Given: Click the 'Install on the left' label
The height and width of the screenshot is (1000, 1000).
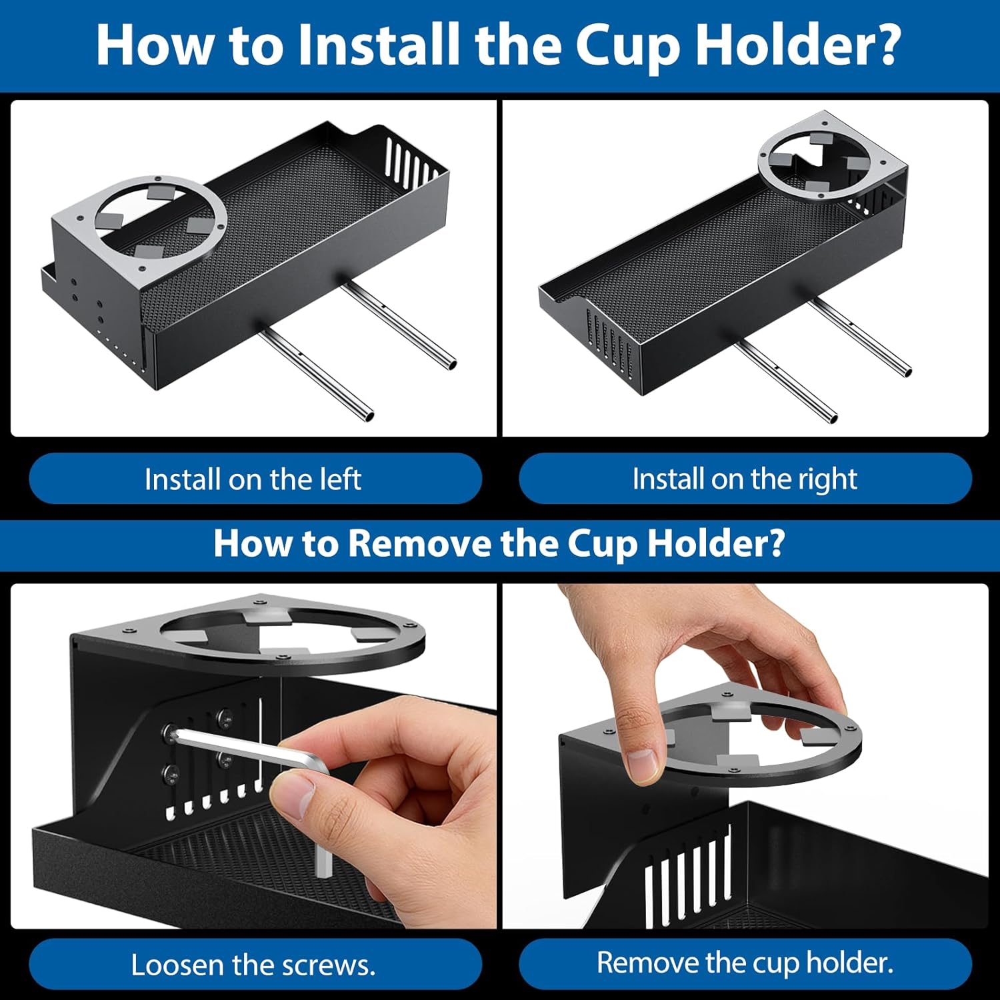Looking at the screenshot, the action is (x=253, y=479).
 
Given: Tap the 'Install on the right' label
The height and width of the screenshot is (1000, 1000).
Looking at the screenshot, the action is (x=745, y=479).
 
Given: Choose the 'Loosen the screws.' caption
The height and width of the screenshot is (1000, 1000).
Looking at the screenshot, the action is (x=253, y=965).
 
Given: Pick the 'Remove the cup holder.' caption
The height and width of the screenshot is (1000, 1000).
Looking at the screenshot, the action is (x=745, y=963).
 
